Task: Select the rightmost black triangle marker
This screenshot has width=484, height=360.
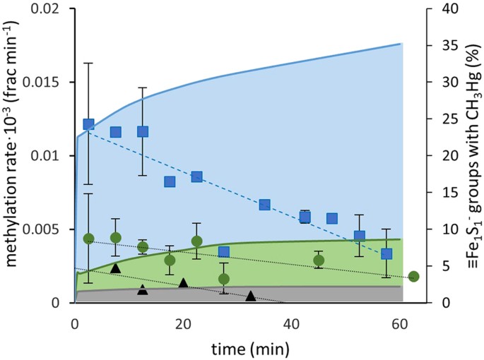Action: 250,296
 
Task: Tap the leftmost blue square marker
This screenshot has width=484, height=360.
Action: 88,124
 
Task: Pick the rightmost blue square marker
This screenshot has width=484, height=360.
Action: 386,254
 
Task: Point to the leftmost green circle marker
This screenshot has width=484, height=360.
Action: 88,239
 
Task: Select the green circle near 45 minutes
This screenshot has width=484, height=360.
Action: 319,260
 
